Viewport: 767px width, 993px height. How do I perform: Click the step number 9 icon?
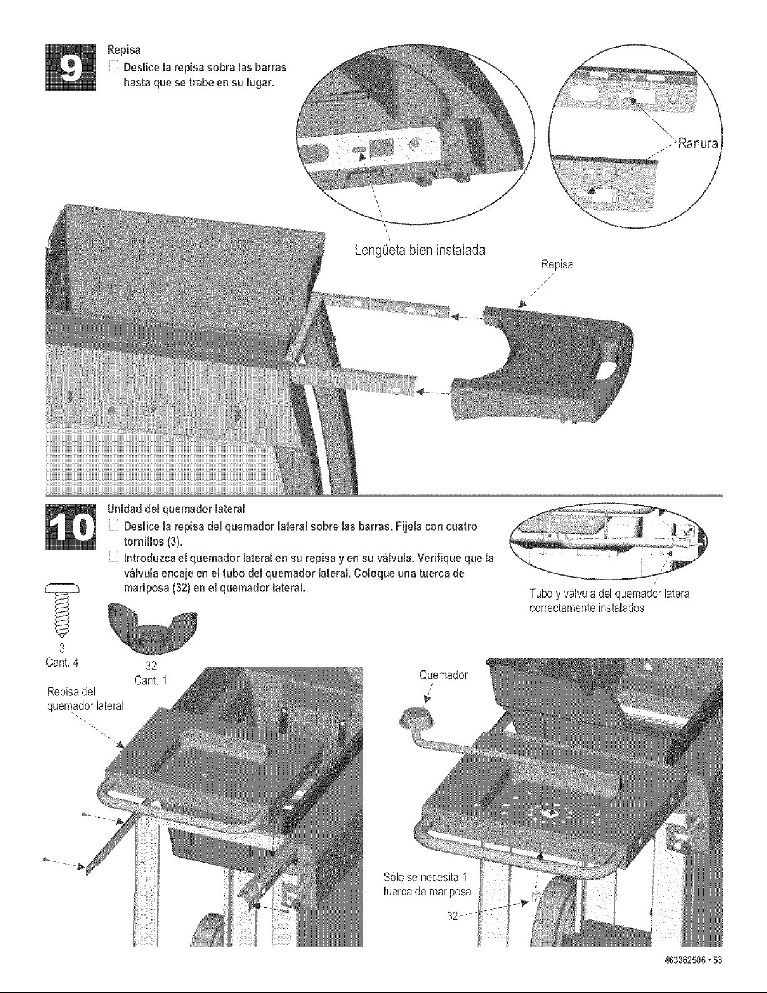pos(70,68)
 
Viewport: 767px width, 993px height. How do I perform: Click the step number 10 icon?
pos(70,527)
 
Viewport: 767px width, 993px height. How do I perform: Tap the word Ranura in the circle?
pos(698,145)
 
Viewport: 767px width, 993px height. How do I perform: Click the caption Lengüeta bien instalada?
pos(420,250)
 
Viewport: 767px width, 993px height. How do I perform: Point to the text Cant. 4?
pos(62,662)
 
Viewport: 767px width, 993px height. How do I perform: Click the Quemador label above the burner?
pos(443,675)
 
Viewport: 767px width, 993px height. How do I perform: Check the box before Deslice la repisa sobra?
pos(112,68)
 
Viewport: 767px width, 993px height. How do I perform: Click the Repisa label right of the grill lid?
pos(557,264)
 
